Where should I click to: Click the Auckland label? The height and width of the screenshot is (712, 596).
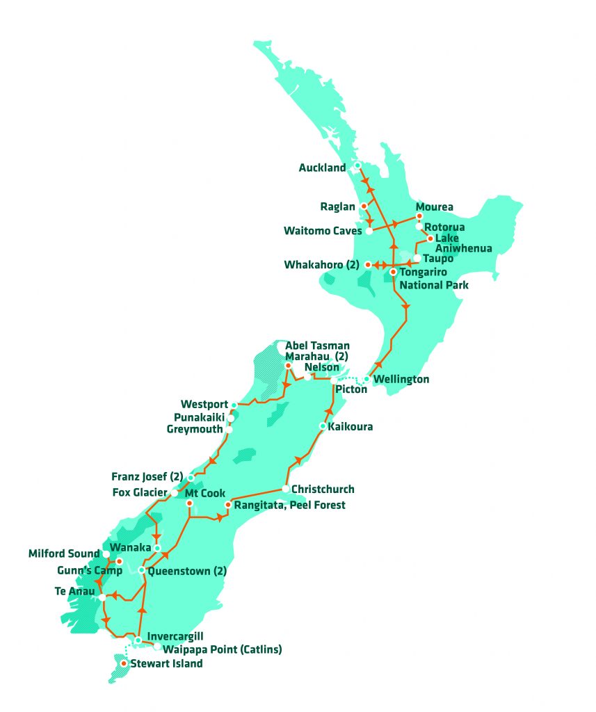tap(322, 168)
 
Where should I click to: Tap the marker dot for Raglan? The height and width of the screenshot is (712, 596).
tap(364, 207)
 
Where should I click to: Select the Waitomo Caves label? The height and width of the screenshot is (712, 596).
tap(323, 231)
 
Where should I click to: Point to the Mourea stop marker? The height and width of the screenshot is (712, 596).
tap(419, 216)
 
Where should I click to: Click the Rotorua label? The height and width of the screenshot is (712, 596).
tap(444, 227)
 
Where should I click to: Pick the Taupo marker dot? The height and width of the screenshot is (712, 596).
tap(417, 258)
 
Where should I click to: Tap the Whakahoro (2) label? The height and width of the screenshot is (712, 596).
tap(322, 265)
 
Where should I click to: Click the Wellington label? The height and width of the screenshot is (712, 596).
tap(401, 380)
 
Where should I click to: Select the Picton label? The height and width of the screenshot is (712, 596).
tap(351, 390)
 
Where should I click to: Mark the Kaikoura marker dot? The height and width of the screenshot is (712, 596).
tap(323, 426)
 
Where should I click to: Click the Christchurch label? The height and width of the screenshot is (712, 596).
tap(323, 489)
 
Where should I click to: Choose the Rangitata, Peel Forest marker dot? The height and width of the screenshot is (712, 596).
tap(227, 505)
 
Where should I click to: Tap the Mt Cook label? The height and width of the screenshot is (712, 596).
tap(201, 494)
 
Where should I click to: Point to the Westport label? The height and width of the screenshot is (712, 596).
tap(204, 404)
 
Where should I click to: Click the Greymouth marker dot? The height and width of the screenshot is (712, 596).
tap(229, 430)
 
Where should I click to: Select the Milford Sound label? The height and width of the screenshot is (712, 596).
tap(64, 554)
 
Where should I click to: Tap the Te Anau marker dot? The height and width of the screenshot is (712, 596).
tap(102, 597)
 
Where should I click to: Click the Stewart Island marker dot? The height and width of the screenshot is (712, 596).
tap(124, 664)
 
